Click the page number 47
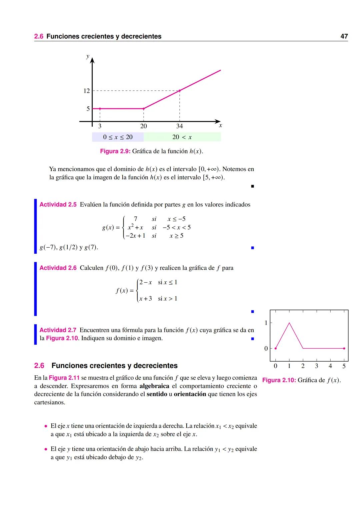[x=344, y=36]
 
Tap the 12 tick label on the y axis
[x=87, y=91]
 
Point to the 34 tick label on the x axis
[x=180, y=126]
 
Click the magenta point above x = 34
[x=180, y=91]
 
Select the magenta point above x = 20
[x=144, y=109]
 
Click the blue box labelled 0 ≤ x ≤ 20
[x=118, y=137]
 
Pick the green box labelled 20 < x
[x=182, y=137]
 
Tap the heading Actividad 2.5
[x=58, y=205]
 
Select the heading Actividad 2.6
[x=58, y=268]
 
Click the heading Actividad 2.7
[x=58, y=330]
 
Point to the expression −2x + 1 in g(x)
[x=135, y=236]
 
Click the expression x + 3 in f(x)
[x=146, y=299]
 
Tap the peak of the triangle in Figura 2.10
[x=289, y=323]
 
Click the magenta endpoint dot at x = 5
[x=344, y=348]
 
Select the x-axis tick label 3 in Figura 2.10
[x=316, y=366]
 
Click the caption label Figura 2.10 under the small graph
[x=279, y=380]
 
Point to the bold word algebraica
[x=154, y=386]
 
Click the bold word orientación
[x=190, y=394]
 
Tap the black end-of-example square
[x=252, y=186]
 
